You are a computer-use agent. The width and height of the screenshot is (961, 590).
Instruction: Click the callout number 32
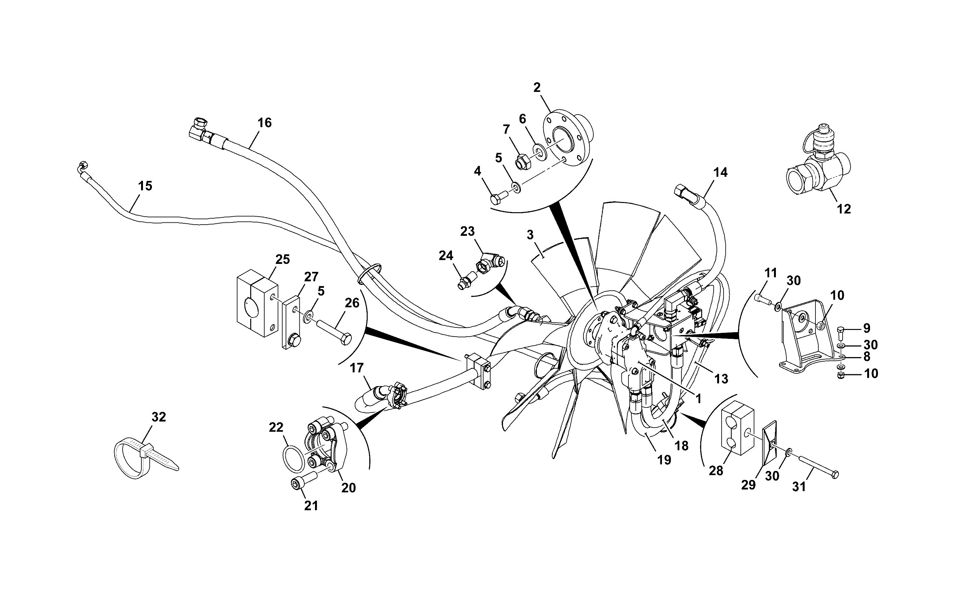(x=159, y=417)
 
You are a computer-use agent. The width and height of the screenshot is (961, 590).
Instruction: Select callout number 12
(x=844, y=209)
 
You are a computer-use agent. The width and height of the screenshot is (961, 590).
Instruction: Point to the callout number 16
(x=265, y=123)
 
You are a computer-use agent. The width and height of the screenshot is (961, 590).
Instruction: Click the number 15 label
(x=145, y=186)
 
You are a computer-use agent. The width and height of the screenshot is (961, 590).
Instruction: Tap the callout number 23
(x=468, y=231)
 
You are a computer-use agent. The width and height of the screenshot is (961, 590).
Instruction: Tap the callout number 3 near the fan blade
(x=530, y=235)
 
